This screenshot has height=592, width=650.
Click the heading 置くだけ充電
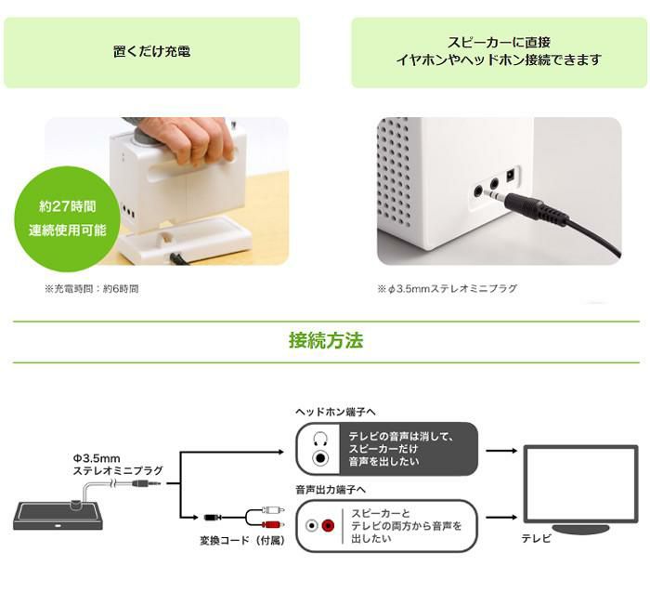pyautogui.click(x=151, y=52)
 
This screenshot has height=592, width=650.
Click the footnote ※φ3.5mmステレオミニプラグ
pyautogui.click(x=448, y=289)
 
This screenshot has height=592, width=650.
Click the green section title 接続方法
pyautogui.click(x=325, y=341)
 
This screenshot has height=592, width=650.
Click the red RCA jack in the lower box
pyautogui.click(x=327, y=525)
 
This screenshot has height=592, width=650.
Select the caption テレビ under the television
pyautogui.click(x=536, y=539)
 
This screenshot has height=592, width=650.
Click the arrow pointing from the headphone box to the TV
pyautogui.click(x=501, y=451)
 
